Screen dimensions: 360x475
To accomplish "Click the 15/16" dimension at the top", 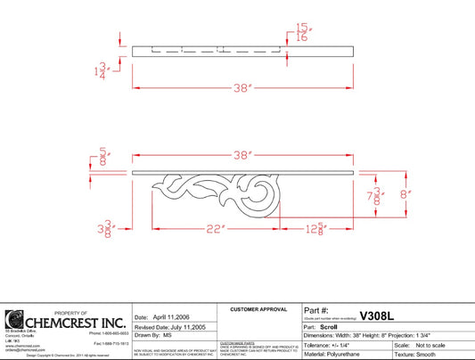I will pos(302,32).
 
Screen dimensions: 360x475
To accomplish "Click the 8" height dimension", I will pos(405,192).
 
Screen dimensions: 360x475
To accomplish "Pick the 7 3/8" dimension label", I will pos(379,194).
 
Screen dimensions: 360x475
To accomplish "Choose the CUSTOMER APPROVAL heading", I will pos(259,308).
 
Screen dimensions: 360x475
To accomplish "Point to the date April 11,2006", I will pos(172,317).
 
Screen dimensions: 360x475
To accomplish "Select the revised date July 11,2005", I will pos(186,326).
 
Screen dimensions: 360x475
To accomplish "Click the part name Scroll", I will pos(331,327).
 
